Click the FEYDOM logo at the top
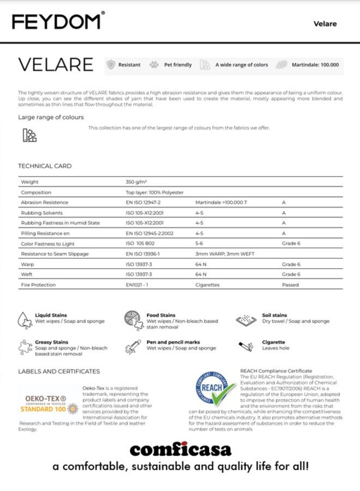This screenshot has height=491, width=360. [x=57, y=22]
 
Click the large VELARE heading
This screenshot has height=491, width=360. [x=56, y=64]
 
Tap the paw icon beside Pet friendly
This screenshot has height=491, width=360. [x=154, y=65]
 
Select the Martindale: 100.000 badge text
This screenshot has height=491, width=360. [x=315, y=65]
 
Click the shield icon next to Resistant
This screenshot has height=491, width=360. [x=111, y=65]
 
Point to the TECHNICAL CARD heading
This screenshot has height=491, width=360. [x=45, y=166]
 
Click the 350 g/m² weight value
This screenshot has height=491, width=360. [x=137, y=182]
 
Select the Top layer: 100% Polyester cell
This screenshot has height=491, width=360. [x=155, y=192]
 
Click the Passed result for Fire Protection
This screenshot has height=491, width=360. [x=290, y=285]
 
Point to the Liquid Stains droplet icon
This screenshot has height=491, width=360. [x=25, y=318]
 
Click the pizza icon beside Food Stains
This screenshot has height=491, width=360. [x=133, y=318]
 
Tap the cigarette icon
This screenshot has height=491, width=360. [x=246, y=345]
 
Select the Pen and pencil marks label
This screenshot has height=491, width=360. [x=173, y=342]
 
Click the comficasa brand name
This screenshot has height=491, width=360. [x=180, y=450]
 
